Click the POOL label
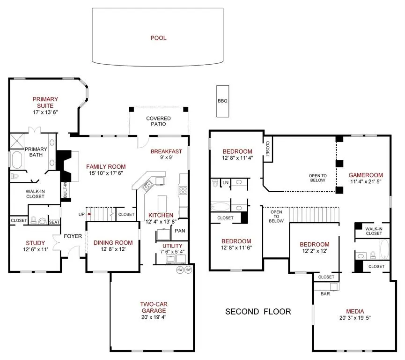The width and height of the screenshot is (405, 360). pyautogui.click(x=158, y=38)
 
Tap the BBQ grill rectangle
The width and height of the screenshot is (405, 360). pyautogui.click(x=222, y=101)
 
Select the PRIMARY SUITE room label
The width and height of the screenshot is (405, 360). pyautogui.click(x=45, y=102)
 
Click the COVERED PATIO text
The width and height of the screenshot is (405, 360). pyautogui.click(x=158, y=121)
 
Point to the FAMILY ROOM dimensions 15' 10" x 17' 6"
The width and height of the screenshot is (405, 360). pyautogui.click(x=105, y=173)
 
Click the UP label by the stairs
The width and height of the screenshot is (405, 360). pyautogui.click(x=81, y=215)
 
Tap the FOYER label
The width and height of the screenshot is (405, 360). pyautogui.click(x=73, y=236)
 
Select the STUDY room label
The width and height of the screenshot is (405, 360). pyautogui.click(x=35, y=243)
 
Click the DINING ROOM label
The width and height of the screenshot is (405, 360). pyautogui.click(x=113, y=243)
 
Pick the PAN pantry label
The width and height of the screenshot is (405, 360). pyautogui.click(x=180, y=231)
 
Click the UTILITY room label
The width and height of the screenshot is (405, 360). pyautogui.click(x=172, y=246)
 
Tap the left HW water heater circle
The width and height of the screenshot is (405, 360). pyautogui.click(x=180, y=270)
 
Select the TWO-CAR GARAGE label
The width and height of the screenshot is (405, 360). pyautogui.click(x=154, y=307)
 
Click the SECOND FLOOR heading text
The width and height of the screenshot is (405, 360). pyautogui.click(x=258, y=311)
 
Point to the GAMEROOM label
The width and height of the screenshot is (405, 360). pyautogui.click(x=366, y=175)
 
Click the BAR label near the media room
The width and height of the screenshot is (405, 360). pyautogui.click(x=324, y=294)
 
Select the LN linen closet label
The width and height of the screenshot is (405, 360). pyautogui.click(x=226, y=182)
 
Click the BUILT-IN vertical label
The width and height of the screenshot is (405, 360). pyautogui.click(x=65, y=190)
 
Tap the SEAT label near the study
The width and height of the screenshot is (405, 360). pyautogui.click(x=54, y=222)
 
